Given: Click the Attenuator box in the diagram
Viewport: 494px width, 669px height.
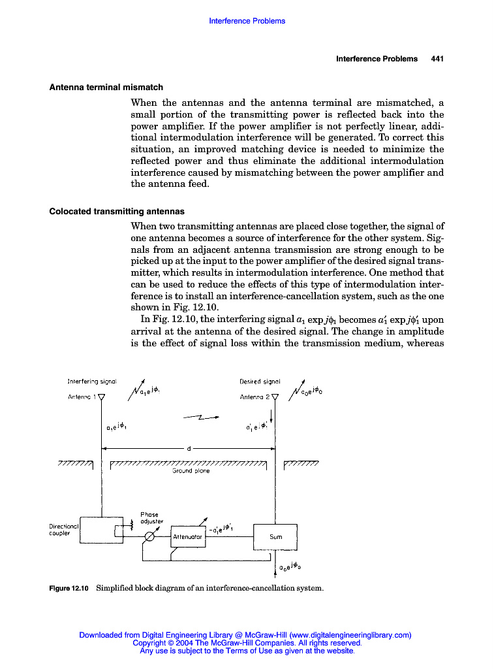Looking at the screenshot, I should (x=188, y=536).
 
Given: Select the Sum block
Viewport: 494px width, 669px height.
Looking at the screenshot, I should (x=275, y=536).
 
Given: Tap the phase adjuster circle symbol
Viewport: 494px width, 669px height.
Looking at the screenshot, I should (x=149, y=536).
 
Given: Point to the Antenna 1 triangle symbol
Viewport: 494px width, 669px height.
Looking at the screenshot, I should (x=101, y=397).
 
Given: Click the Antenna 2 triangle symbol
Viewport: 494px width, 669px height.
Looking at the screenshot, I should (x=275, y=397).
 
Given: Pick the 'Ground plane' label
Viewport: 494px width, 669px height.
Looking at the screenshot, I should (x=191, y=471).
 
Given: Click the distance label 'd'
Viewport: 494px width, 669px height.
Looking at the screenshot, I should (x=188, y=449).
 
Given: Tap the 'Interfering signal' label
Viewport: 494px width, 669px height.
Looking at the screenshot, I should (x=92, y=381).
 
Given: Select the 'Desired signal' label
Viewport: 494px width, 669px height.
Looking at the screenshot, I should (x=260, y=381).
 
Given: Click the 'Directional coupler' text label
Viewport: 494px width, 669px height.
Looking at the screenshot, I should (x=64, y=529).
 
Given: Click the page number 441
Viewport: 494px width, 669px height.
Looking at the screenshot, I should (x=437, y=59).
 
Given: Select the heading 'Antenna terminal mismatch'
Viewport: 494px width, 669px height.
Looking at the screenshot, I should (x=106, y=87).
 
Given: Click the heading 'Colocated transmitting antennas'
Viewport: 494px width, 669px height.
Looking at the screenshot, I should (x=117, y=212).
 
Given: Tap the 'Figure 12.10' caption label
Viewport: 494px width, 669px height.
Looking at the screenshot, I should (x=69, y=588).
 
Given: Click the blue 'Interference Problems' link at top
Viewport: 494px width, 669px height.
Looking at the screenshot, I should (x=247, y=21).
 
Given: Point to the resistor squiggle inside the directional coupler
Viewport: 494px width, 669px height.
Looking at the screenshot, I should (x=132, y=523).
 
